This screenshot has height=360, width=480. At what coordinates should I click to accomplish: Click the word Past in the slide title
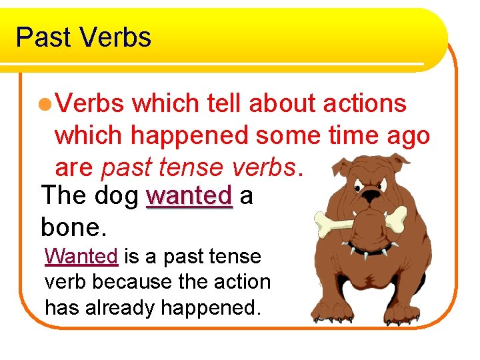(x=43, y=37)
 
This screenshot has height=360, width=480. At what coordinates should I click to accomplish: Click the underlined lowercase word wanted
(x=189, y=197)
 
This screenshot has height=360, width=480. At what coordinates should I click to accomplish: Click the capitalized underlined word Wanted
(x=81, y=257)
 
